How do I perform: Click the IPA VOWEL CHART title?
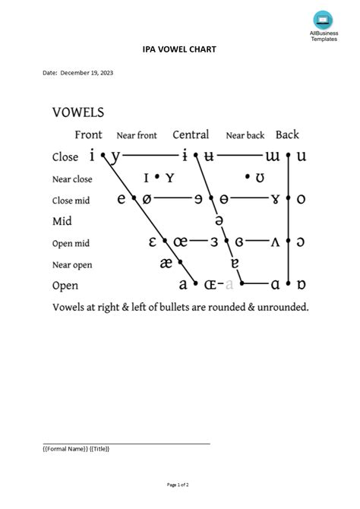[x=179, y=50]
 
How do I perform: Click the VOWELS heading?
[x=78, y=112]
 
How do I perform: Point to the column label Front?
[x=88, y=134]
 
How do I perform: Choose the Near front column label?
[x=137, y=135]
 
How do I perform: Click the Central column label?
[x=191, y=134]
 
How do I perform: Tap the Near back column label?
[x=245, y=135]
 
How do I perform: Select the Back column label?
[x=287, y=134]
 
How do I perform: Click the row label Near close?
[x=72, y=179]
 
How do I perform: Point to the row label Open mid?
[x=71, y=243]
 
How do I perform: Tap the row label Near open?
[x=71, y=264]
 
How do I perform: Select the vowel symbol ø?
[x=147, y=199]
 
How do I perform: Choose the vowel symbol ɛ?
[x=153, y=242]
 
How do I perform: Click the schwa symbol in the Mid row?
[x=219, y=220]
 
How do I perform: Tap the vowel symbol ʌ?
[x=276, y=242]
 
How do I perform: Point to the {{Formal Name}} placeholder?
[x=65, y=449]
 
